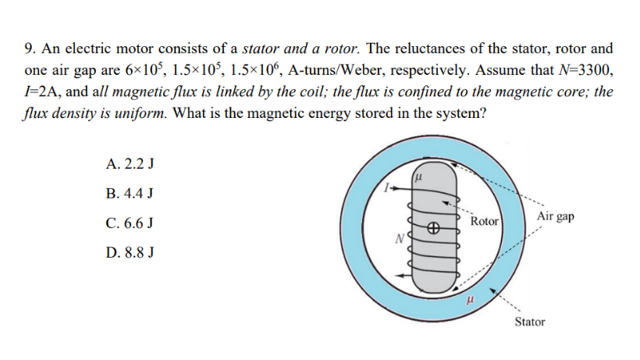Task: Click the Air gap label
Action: (x=556, y=216)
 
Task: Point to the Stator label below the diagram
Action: (x=530, y=322)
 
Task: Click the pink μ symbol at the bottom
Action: (x=468, y=298)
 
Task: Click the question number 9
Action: (x=29, y=48)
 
